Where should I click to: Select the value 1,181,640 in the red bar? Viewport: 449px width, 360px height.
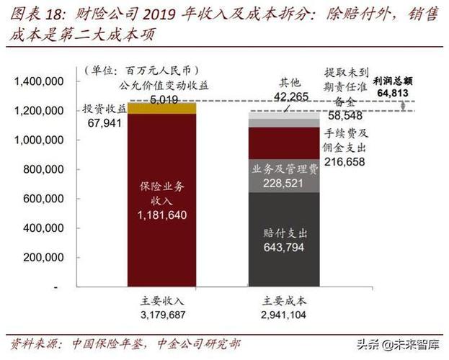(161, 214)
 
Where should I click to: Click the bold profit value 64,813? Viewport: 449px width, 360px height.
(412, 94)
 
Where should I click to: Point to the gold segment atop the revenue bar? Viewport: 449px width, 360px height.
(161, 108)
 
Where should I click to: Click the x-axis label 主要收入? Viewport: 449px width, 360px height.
(164, 302)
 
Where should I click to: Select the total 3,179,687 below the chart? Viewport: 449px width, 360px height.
(164, 315)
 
